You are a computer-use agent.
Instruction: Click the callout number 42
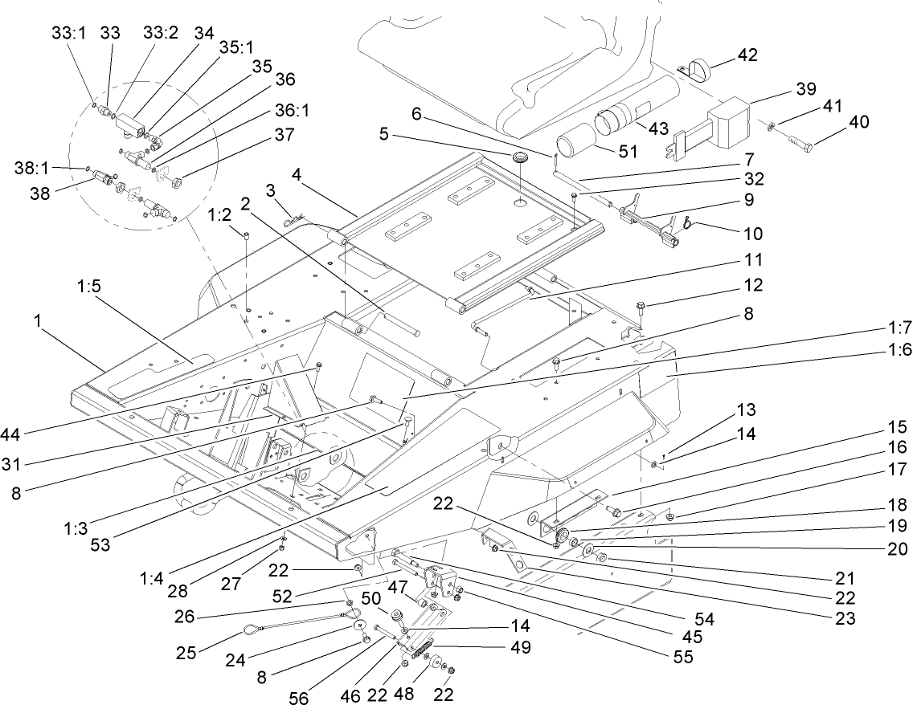point(747,55)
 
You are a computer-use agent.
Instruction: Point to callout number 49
point(521,647)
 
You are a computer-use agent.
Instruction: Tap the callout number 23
point(844,618)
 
